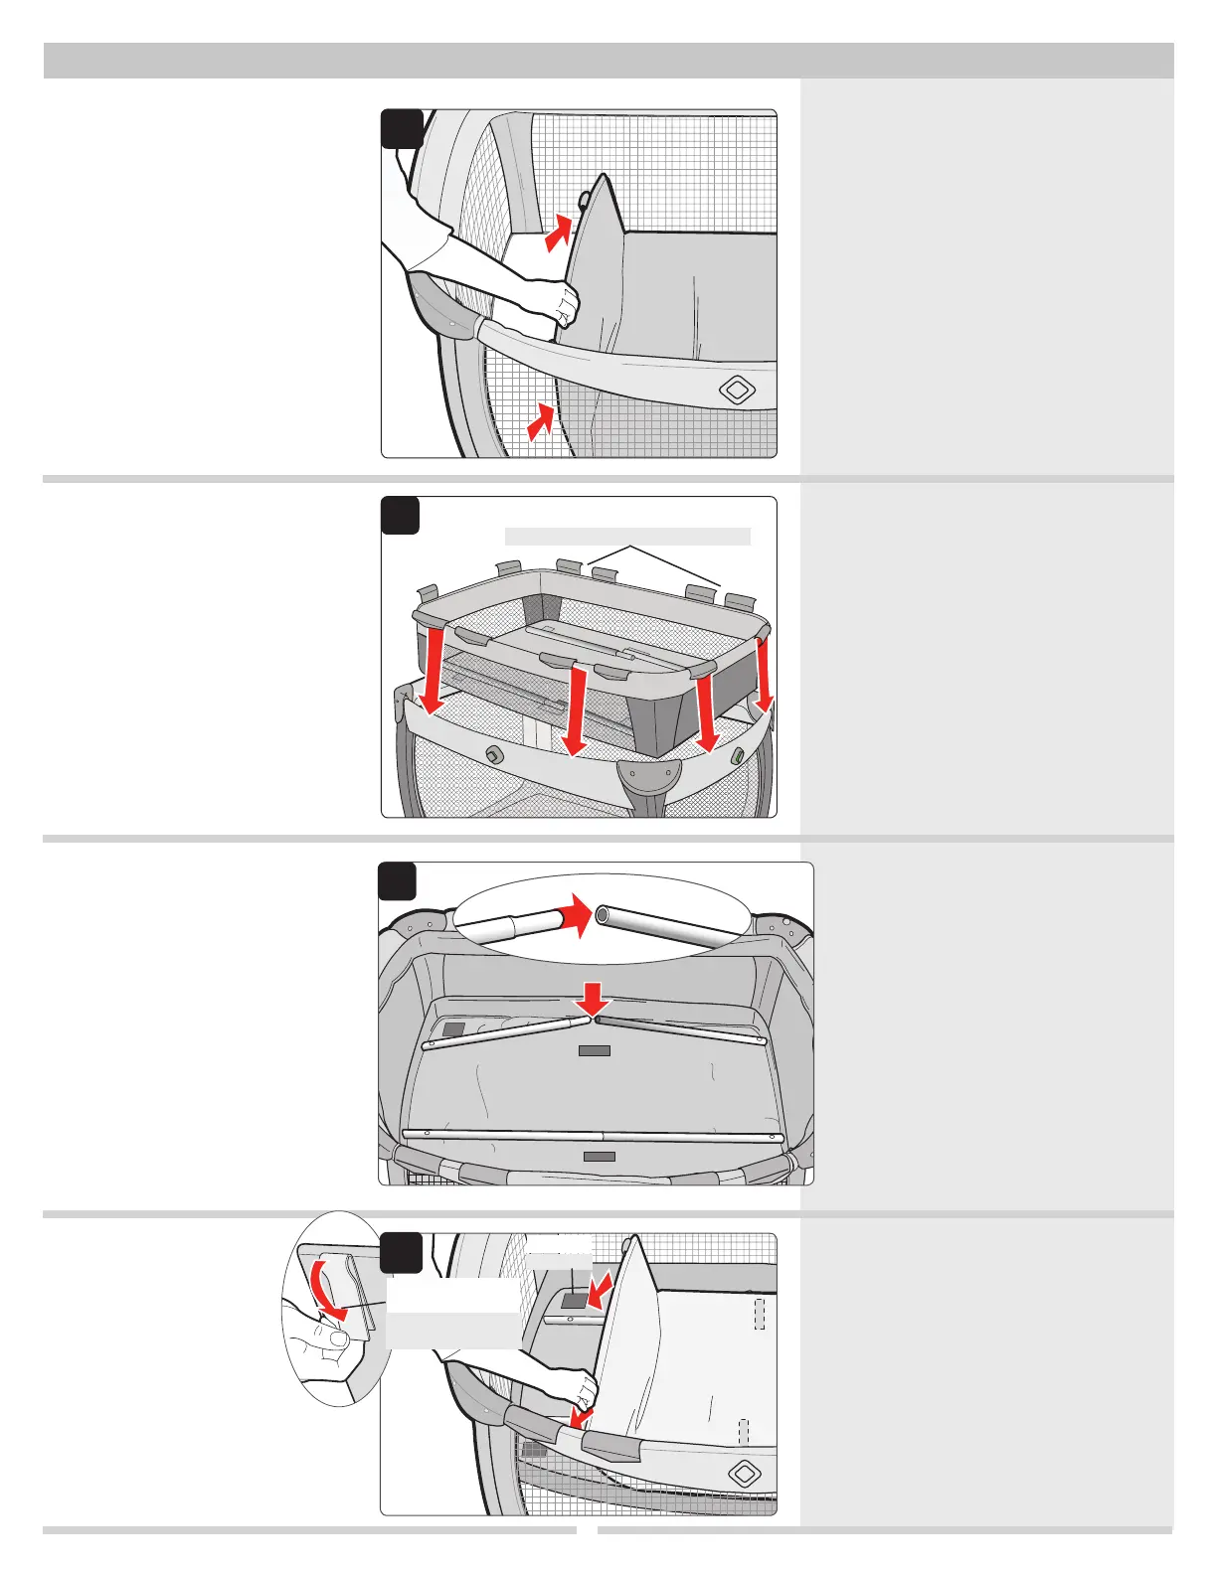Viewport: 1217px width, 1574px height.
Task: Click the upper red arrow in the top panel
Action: [560, 234]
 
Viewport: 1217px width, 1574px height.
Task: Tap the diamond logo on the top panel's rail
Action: [737, 390]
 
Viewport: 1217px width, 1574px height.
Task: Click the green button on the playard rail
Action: [738, 756]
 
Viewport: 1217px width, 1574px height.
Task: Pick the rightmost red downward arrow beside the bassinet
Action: [764, 676]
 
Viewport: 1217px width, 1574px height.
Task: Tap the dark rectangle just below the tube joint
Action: [595, 1050]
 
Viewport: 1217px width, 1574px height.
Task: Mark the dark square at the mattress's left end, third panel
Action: [453, 1029]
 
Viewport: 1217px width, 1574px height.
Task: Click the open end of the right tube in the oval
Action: [603, 914]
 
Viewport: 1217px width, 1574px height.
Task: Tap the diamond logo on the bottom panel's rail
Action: [745, 1474]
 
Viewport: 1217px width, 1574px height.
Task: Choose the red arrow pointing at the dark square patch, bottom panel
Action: [599, 1294]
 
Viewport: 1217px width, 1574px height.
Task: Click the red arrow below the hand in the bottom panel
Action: [581, 1414]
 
